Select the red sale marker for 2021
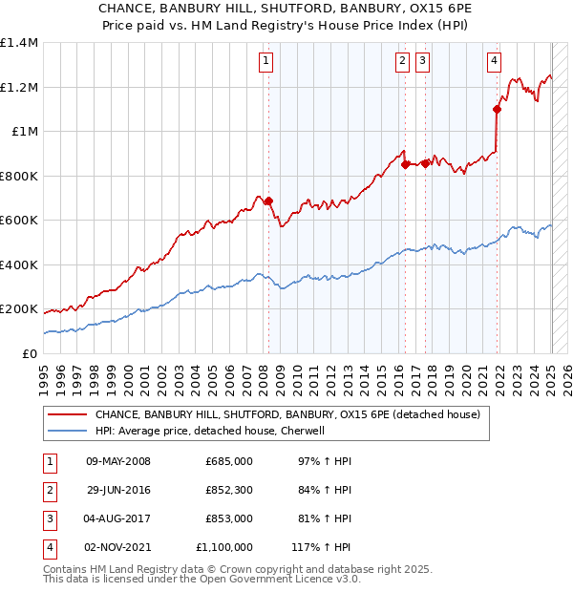pos(498,109)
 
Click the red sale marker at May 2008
pos(268,201)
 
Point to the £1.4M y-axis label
pos(19,43)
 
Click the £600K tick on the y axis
pos(19,221)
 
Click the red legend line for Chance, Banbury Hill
pos(67,415)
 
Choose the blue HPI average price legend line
pos(67,431)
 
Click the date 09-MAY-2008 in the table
pos(118,461)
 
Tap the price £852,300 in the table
pos(229,490)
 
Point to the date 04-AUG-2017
pos(118,518)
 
